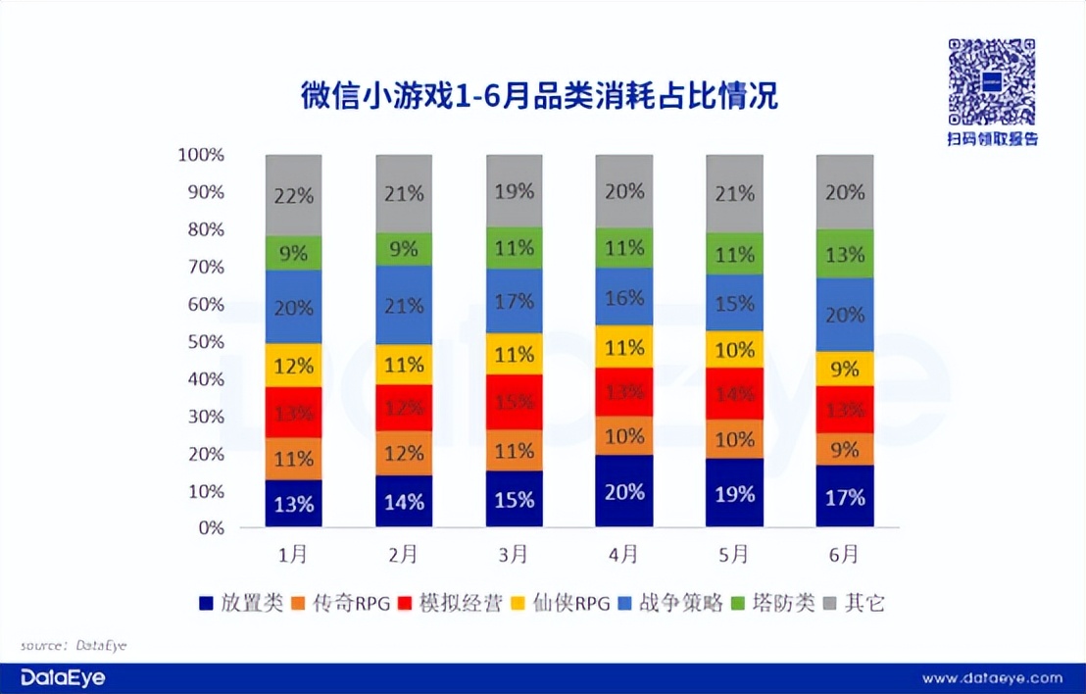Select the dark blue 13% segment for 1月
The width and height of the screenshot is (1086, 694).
[294, 504]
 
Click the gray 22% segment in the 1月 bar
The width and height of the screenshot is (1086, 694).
[294, 195]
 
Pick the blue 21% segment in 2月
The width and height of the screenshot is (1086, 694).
[404, 305]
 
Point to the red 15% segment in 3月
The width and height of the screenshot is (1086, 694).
[515, 402]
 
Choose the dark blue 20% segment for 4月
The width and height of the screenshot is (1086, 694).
[624, 491]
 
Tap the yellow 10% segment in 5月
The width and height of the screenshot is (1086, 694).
[735, 350]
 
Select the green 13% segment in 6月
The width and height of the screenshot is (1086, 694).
[845, 255]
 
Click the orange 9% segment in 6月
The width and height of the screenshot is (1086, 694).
[845, 449]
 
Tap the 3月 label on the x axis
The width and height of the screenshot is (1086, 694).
[515, 555]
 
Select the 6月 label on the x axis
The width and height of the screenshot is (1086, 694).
[845, 555]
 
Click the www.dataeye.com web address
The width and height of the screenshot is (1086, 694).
[992, 677]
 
